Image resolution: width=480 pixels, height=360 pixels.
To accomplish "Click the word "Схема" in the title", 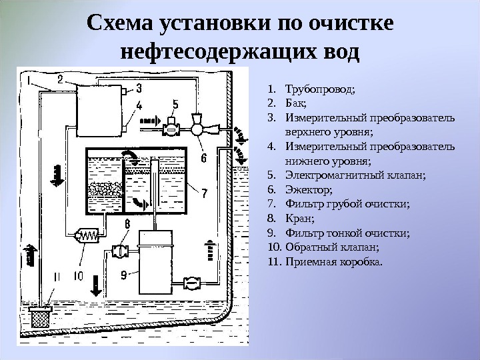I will (120, 23).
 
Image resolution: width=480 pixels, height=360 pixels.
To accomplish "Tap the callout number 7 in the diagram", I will (205, 193).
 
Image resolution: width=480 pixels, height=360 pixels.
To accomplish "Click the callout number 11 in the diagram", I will (56, 275).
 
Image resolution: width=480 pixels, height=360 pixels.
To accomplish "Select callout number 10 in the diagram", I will (78, 275).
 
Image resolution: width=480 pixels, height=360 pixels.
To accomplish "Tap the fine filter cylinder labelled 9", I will (156, 257).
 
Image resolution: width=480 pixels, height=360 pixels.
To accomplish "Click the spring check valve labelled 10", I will (88, 235).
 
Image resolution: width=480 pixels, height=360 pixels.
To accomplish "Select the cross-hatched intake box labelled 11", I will (42, 316).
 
